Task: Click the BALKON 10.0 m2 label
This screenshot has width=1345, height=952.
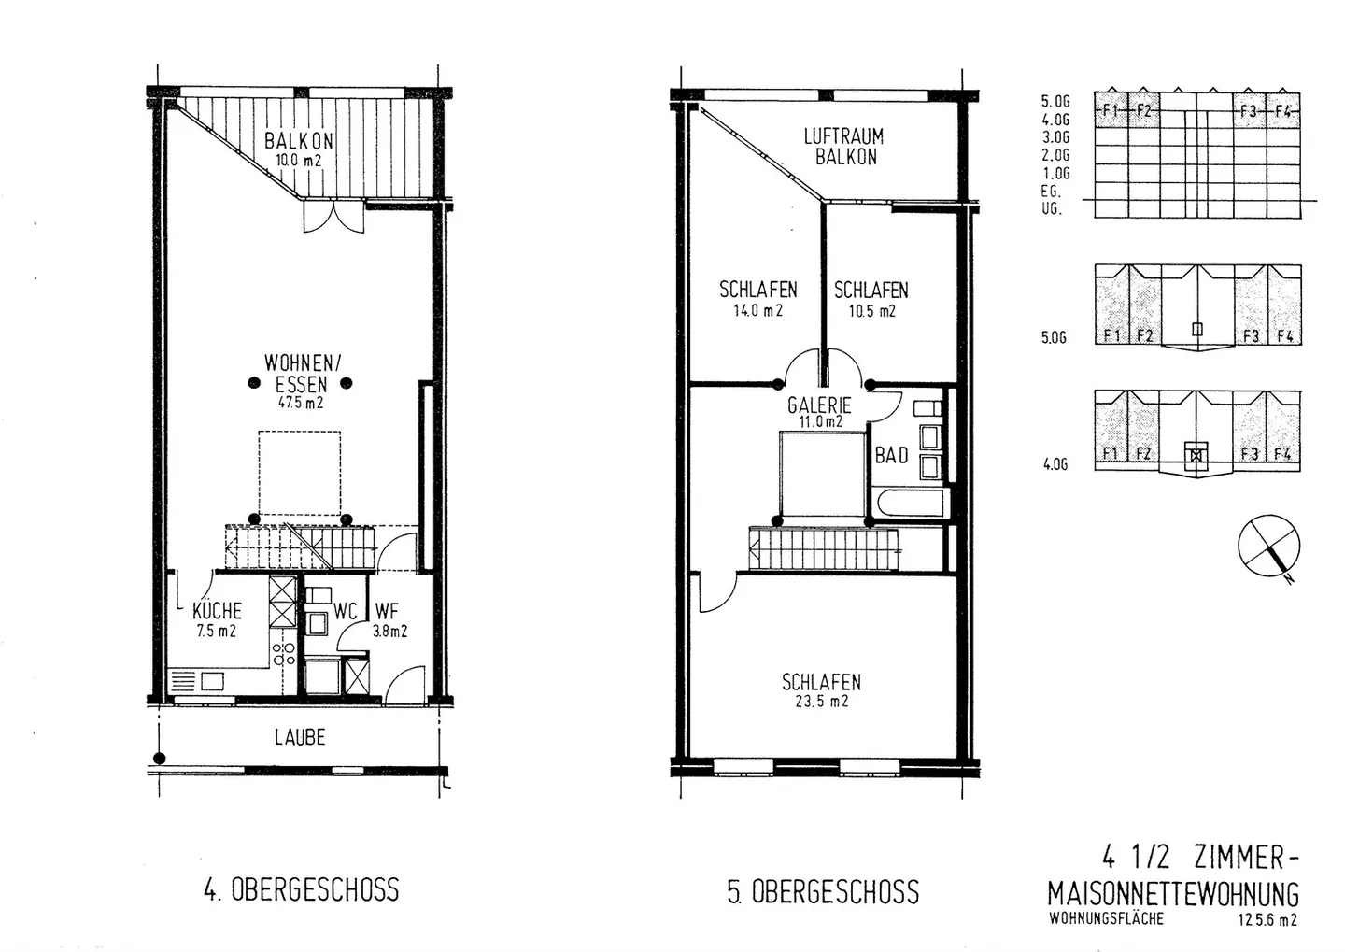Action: click(299, 149)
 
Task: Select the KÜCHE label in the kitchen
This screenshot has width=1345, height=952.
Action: click(217, 611)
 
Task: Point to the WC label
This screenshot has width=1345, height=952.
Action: click(346, 611)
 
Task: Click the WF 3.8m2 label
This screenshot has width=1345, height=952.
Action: click(390, 620)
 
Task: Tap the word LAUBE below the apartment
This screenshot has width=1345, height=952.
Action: click(300, 737)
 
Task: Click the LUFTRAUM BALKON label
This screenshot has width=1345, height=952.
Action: click(843, 147)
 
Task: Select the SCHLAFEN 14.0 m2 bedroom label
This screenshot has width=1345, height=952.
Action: click(757, 299)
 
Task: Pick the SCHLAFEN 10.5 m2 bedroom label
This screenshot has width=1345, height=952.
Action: click(871, 299)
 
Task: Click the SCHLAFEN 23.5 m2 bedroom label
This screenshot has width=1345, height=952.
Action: click(821, 690)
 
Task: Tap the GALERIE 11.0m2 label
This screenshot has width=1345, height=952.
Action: click(819, 411)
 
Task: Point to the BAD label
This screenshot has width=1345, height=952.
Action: click(892, 456)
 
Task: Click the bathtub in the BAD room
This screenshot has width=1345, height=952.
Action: click(912, 502)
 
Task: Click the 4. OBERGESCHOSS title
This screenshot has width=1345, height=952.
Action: click(302, 889)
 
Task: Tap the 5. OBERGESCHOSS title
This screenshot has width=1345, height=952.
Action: click(823, 891)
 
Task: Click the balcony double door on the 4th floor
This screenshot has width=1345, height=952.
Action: click(333, 217)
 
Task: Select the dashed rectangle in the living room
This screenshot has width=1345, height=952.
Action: click(300, 474)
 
